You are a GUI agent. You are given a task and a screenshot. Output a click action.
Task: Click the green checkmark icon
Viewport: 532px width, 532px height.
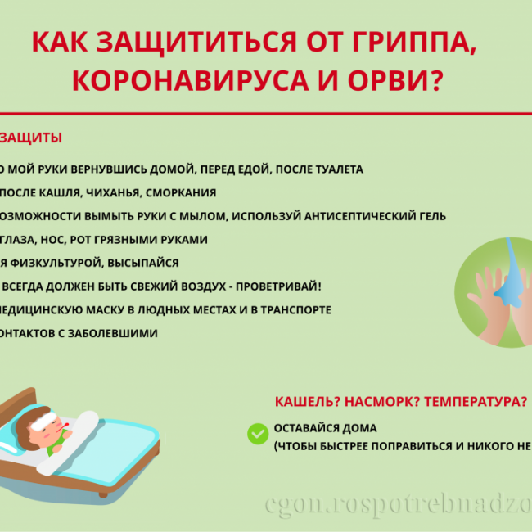[x=258, y=434]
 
